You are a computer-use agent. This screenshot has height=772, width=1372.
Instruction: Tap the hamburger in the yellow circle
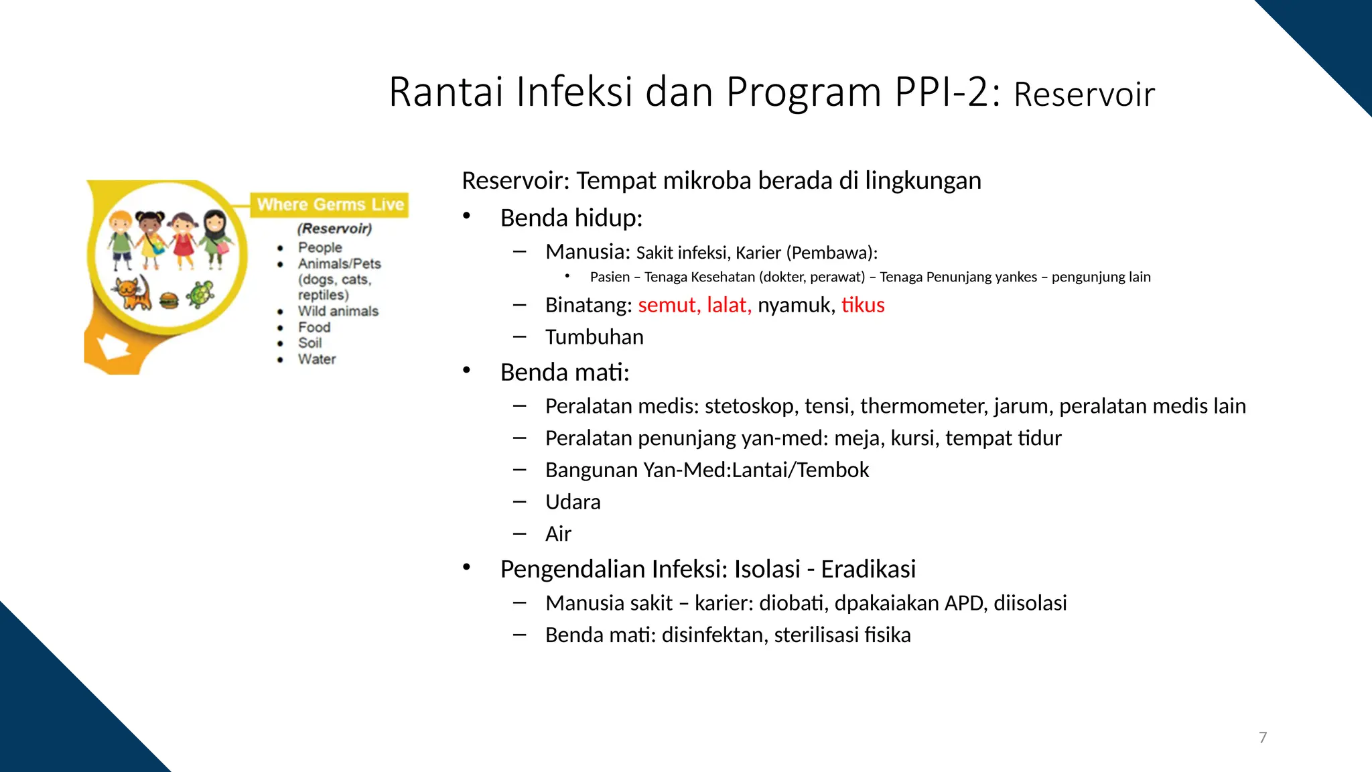point(169,300)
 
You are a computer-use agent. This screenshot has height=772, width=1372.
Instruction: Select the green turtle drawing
point(200,294)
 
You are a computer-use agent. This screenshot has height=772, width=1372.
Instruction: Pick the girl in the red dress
point(182,240)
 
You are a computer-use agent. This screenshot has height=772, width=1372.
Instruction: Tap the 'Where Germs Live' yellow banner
point(330,204)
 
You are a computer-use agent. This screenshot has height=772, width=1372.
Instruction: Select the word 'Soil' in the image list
point(310,343)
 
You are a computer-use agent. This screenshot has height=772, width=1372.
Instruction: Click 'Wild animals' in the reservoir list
point(338,311)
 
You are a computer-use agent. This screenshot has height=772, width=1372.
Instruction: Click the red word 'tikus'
point(863,305)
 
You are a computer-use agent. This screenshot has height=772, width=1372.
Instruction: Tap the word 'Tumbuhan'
point(594,337)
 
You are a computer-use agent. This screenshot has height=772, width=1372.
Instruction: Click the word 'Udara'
point(573,502)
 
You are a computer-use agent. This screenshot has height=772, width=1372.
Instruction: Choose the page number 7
point(1263,738)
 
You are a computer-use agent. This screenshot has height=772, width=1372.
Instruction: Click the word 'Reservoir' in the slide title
point(1084,94)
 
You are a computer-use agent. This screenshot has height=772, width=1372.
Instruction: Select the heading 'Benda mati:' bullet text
point(565,373)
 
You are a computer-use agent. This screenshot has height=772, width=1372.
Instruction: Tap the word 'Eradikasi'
point(868,569)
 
